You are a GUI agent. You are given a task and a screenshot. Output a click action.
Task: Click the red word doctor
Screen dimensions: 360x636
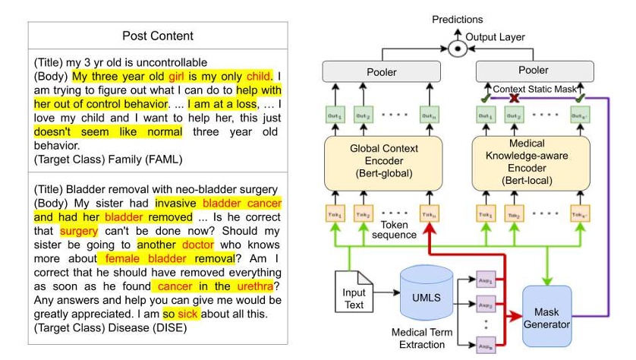[197, 245]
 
